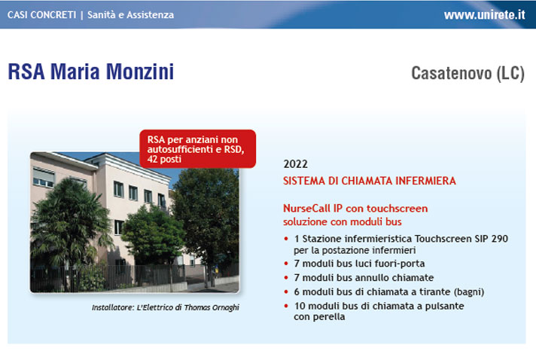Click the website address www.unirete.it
click(x=484, y=15)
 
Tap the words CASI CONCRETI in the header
click(x=41, y=15)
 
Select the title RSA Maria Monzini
click(x=90, y=72)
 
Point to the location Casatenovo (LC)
click(x=467, y=73)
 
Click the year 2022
click(x=295, y=164)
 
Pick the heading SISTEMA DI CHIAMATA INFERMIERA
click(x=369, y=181)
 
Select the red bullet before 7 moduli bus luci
click(x=286, y=264)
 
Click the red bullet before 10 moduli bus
click(x=286, y=306)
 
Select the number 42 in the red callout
click(x=153, y=160)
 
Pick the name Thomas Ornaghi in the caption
click(x=212, y=307)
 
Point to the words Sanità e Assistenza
click(x=130, y=15)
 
